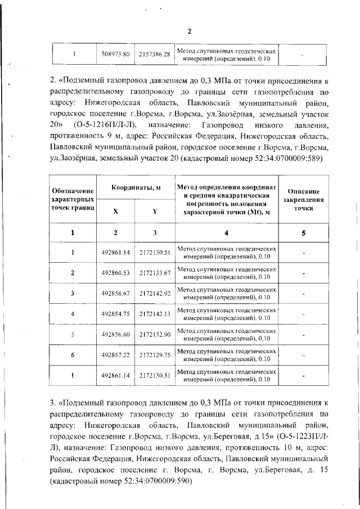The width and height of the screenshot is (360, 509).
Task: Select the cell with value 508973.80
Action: click(x=116, y=55)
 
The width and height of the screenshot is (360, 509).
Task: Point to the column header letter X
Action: click(x=116, y=211)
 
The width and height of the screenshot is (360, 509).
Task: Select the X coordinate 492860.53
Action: click(x=116, y=273)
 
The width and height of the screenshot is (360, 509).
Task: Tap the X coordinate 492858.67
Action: click(x=116, y=293)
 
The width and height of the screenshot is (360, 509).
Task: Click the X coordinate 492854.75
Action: click(x=116, y=314)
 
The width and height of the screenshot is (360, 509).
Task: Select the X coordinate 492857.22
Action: click(x=116, y=354)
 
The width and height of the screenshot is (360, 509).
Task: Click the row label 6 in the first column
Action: click(x=73, y=354)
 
